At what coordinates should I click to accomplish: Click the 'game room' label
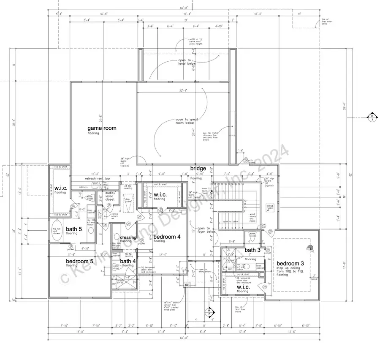click(102, 128)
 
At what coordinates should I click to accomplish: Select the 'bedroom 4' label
click(167, 237)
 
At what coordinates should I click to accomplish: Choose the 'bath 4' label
click(128, 261)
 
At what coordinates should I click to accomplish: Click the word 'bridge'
click(198, 169)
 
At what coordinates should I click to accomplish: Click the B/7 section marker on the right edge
click(372, 118)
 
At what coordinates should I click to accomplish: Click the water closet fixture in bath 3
click(252, 235)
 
